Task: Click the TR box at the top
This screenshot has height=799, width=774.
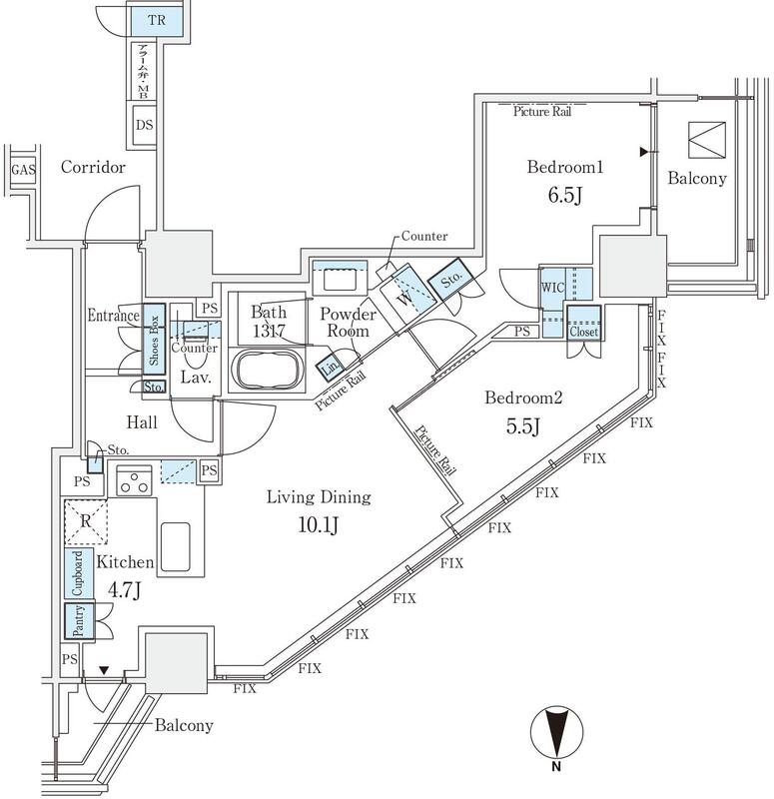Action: (157, 20)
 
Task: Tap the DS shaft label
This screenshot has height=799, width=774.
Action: (144, 125)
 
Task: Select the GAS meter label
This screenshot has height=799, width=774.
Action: (23, 170)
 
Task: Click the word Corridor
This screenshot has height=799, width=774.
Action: (93, 167)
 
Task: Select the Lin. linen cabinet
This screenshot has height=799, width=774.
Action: (331, 368)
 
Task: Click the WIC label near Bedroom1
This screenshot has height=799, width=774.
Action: (552, 288)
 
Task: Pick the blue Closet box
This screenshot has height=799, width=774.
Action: (583, 323)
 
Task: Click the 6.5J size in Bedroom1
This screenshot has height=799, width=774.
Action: (564, 195)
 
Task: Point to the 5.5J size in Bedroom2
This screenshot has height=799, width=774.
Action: (522, 425)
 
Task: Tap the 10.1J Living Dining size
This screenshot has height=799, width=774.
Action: (318, 524)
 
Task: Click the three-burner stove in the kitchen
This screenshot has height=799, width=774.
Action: (134, 480)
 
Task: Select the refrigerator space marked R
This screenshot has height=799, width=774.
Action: (86, 521)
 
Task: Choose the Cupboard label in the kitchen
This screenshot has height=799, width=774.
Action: (78, 573)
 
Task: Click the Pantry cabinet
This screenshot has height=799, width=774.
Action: (80, 621)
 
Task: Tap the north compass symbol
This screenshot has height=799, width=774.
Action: (556, 732)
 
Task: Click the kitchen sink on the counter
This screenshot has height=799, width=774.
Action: (176, 546)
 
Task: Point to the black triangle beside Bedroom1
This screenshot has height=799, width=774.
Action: (644, 152)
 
